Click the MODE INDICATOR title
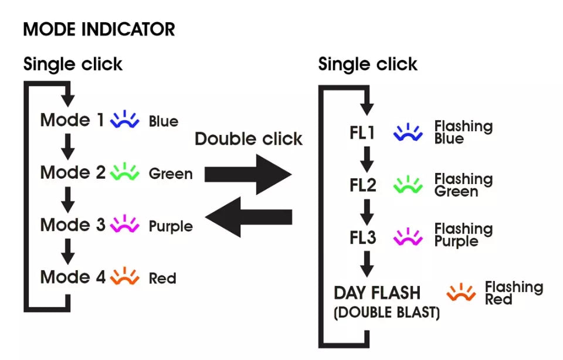pyautogui.click(x=99, y=29)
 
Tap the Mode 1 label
pyautogui.click(x=72, y=120)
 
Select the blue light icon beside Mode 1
pyautogui.click(x=124, y=119)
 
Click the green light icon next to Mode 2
pyautogui.click(x=124, y=171)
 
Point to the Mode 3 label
pyautogui.click(x=73, y=225)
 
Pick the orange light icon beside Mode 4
pyautogui.click(x=124, y=276)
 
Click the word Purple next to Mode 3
pyautogui.click(x=171, y=227)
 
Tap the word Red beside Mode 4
pyautogui.click(x=162, y=279)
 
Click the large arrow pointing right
pyautogui.click(x=248, y=175)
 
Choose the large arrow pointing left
pyautogui.click(x=249, y=217)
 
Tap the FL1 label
pyautogui.click(x=362, y=133)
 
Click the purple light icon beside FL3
pyautogui.click(x=408, y=236)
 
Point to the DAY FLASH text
pyautogui.click(x=377, y=293)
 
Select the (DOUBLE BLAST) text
pyautogui.click(x=386, y=313)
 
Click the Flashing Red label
pyautogui.click(x=514, y=293)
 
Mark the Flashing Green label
pyautogui.click(x=463, y=185)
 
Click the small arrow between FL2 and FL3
pyautogui.click(x=367, y=212)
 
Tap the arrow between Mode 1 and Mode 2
pyautogui.click(x=67, y=147)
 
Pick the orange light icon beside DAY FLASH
pyautogui.click(x=461, y=292)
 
